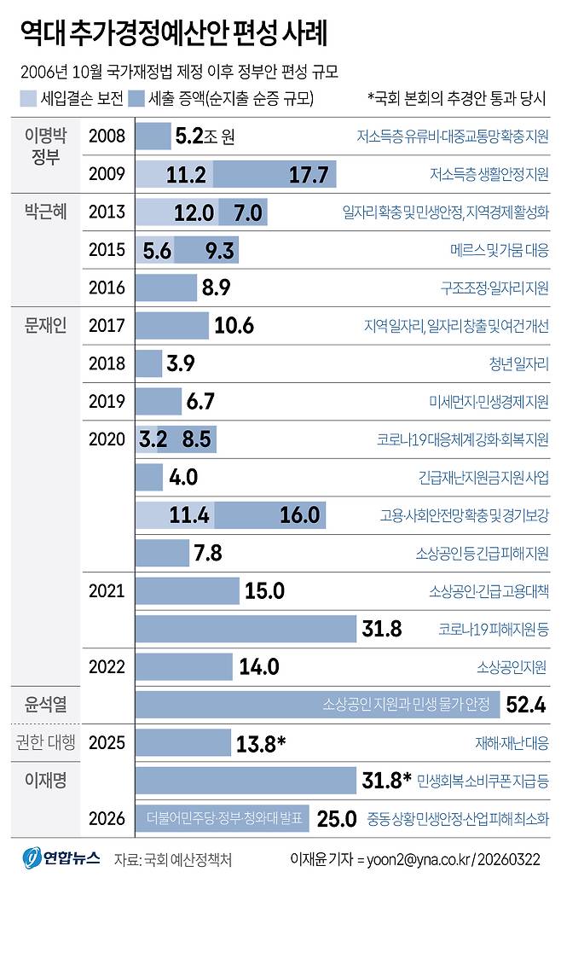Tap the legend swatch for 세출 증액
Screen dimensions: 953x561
pyautogui.click(x=135, y=98)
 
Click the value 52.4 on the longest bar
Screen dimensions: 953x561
pyautogui.click(x=525, y=705)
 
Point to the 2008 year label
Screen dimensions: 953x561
pyautogui.click(x=107, y=136)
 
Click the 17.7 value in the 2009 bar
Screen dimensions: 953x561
pyautogui.click(x=308, y=174)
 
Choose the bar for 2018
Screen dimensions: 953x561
pyautogui.click(x=148, y=363)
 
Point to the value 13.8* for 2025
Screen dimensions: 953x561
pyautogui.click(x=260, y=743)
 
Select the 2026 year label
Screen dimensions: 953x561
pyautogui.click(x=107, y=819)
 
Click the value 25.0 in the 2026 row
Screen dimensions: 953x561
pyautogui.click(x=336, y=819)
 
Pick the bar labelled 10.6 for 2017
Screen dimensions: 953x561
pyautogui.click(x=171, y=325)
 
